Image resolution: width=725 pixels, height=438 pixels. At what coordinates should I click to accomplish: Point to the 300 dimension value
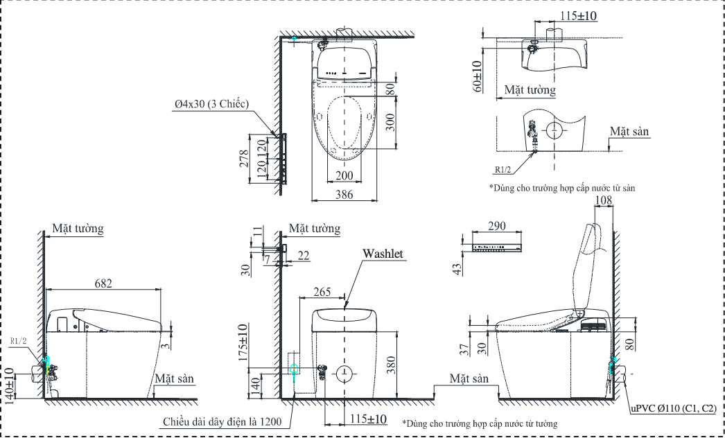tap(390, 123)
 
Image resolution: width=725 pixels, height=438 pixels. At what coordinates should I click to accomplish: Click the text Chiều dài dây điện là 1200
tap(221, 421)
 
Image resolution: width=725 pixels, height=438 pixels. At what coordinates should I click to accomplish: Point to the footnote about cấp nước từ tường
tap(480, 422)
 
